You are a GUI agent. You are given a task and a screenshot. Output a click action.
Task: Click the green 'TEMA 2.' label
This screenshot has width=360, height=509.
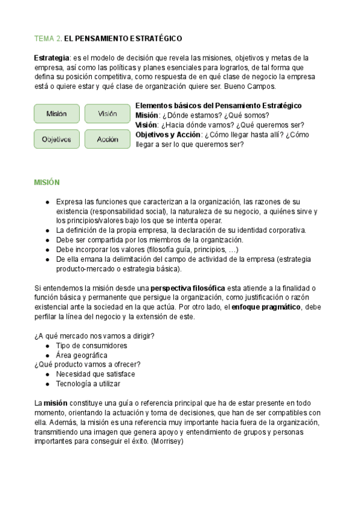pos(47,38)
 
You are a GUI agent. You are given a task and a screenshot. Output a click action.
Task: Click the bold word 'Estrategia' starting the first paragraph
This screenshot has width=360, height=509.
pos(52,58)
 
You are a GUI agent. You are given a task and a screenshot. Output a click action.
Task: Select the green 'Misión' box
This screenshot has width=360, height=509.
pos(56,113)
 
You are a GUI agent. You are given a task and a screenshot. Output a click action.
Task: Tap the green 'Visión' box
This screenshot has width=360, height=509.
pos(107,113)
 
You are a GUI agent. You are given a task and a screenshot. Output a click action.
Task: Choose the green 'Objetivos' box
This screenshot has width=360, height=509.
pos(56,139)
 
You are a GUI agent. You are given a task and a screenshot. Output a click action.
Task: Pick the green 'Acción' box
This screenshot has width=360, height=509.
pos(107,139)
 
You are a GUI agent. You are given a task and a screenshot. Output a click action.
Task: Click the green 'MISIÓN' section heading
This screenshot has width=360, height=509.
pos(47,182)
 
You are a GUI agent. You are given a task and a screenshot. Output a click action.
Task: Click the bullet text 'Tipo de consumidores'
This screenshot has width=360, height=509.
pos(91,346)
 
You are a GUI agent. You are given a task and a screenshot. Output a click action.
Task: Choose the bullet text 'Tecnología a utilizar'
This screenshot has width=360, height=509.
pos(88,384)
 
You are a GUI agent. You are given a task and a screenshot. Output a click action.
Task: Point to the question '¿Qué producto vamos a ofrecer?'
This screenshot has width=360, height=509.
pos(88,364)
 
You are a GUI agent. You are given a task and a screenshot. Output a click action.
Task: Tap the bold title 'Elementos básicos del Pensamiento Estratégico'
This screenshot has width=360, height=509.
pos(218,106)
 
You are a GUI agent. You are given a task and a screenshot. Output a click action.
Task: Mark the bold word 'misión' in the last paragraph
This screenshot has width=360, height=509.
pos(55,403)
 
